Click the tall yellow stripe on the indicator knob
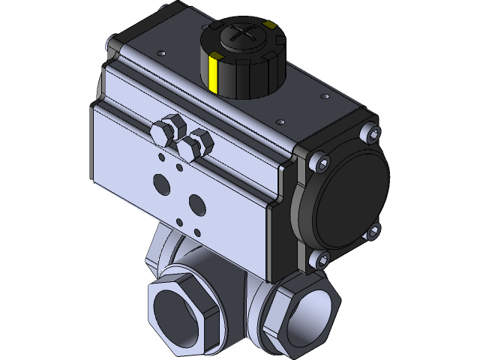pos(214,75)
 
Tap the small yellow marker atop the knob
pos(270,26)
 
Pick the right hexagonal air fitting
pos(199,142)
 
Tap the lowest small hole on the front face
pos(179,220)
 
